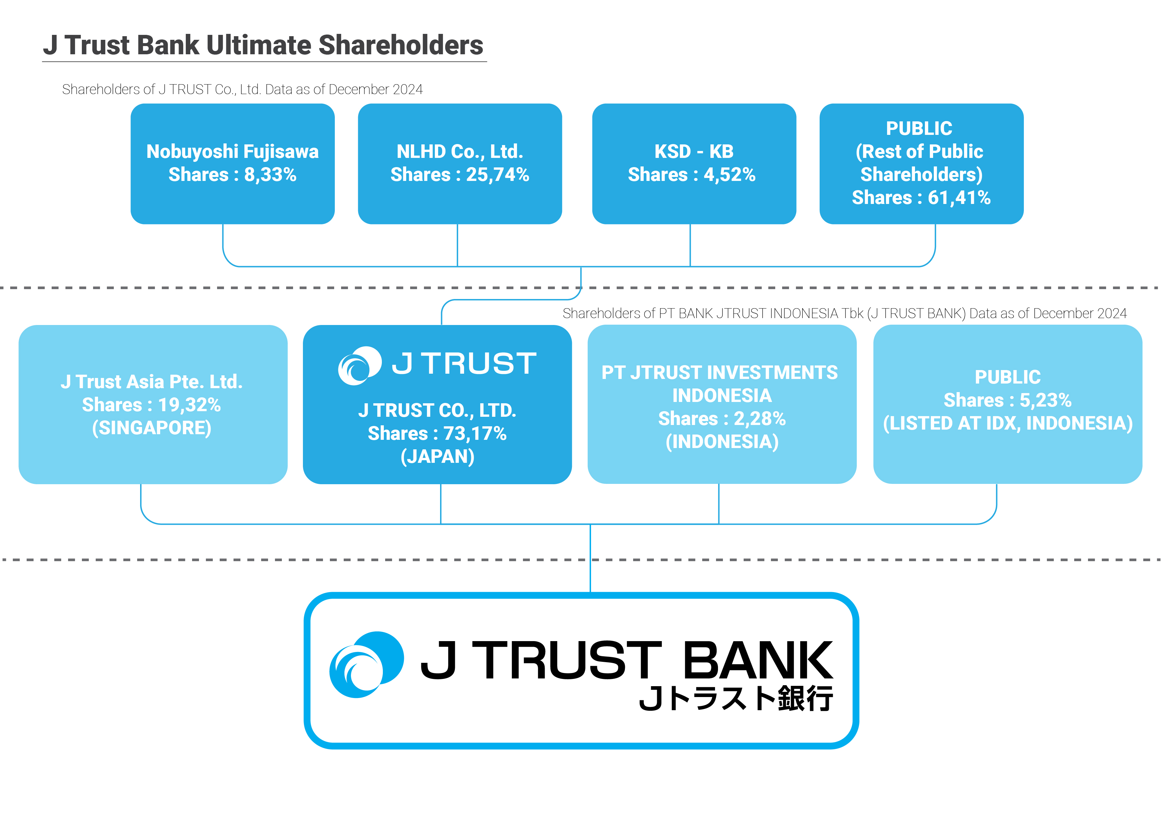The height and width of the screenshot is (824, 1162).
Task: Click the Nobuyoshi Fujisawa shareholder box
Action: pos(232,163)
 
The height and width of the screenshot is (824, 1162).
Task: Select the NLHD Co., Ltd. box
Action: pos(459,163)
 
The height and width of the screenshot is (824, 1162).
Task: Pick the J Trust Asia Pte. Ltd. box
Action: pos(152,404)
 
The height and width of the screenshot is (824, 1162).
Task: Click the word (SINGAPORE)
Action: pos(151,428)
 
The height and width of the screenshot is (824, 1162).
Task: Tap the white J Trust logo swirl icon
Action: pos(359,365)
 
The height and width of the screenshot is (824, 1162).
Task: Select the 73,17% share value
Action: pos(475,433)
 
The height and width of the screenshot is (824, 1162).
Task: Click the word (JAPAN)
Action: pos(437,457)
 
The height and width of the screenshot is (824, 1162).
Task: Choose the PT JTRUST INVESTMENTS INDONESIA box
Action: pos(721,404)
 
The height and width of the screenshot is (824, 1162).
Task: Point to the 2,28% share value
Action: pos(759,419)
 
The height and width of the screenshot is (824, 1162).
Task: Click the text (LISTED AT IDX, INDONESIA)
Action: pos(1007,423)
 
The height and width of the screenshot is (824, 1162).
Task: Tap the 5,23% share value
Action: pos(1045,400)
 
